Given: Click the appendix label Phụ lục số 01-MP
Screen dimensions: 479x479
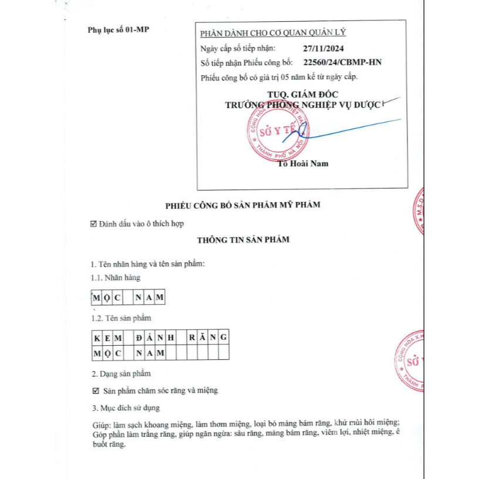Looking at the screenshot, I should click(x=117, y=29).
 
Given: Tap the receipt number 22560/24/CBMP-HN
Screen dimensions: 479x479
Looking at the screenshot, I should click(x=342, y=62).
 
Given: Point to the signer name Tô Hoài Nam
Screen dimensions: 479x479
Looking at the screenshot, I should click(x=303, y=164).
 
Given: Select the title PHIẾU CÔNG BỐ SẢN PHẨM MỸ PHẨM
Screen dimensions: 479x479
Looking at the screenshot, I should click(x=242, y=204).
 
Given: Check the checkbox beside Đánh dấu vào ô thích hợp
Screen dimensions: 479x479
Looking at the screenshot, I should click(x=93, y=223).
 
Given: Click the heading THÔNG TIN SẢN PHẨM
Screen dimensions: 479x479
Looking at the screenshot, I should click(x=242, y=239).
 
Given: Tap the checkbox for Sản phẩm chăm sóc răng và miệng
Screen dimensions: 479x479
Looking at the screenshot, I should click(x=96, y=390).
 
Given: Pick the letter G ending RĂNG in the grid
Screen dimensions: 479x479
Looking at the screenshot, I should click(x=223, y=338).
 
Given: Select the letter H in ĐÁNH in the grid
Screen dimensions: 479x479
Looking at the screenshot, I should click(x=170, y=338).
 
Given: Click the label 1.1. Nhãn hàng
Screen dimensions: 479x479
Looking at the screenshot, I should click(x=116, y=278).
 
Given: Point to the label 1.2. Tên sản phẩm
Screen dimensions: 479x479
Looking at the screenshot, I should click(x=121, y=318).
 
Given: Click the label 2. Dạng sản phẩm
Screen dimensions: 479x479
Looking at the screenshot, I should click(x=121, y=373).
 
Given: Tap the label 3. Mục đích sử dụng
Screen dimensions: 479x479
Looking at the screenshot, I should click(x=125, y=407).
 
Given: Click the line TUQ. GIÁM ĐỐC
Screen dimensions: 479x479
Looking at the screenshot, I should click(x=302, y=94).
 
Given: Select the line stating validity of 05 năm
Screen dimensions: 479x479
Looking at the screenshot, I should click(x=279, y=76).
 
